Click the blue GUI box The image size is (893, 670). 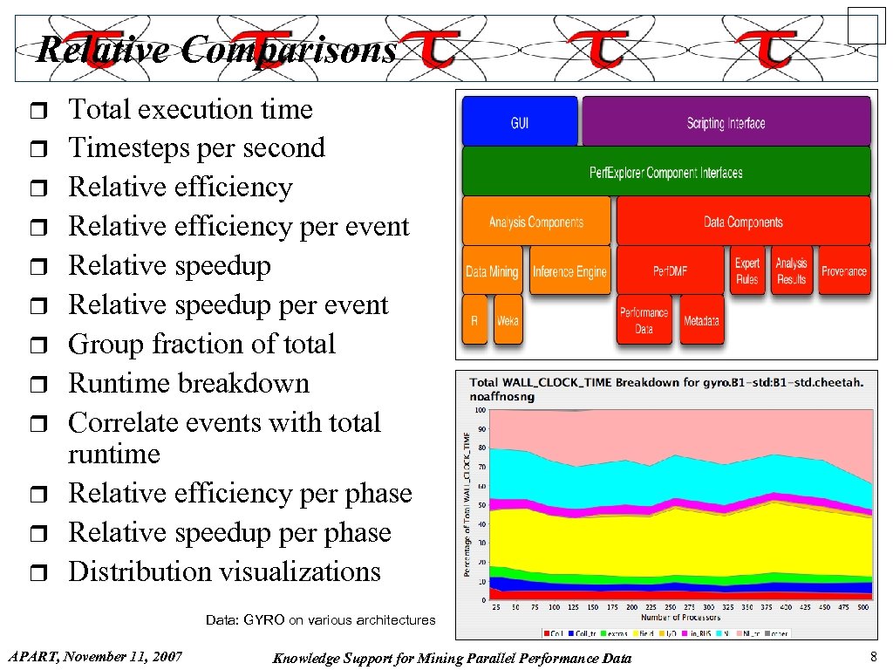pos(519,121)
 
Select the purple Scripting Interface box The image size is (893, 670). pos(726,121)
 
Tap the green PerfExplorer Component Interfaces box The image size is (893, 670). pos(666,171)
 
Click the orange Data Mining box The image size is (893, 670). pos(492,271)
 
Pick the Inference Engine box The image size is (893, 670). pos(569,271)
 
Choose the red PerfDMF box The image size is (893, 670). pos(670,271)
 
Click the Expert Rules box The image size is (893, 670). pos(747,270)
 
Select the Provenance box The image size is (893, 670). pos(843,270)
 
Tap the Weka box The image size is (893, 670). pos(507,320)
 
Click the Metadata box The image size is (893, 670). pos(701,320)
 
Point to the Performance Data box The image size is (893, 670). pos(644,320)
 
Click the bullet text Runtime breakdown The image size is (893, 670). pos(188,383)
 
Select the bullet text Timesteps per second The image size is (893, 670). pos(196,147)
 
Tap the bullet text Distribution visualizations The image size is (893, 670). pos(224,571)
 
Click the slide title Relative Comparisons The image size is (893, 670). pos(216,50)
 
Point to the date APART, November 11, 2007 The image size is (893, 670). pos(94,656)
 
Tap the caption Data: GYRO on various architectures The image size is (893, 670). pos(320,619)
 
